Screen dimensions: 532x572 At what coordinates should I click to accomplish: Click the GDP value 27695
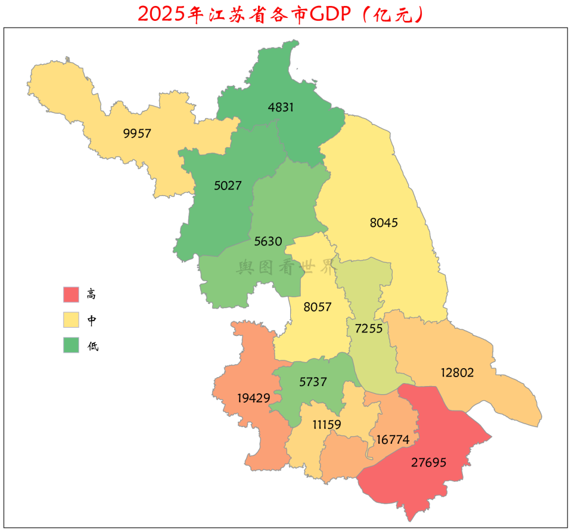tap(428, 462)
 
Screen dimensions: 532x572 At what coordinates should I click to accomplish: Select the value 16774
tap(393, 440)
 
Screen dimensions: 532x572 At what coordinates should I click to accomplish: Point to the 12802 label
tap(457, 373)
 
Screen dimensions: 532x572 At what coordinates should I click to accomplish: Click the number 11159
tap(327, 425)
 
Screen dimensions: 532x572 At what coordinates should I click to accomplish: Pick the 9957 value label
tap(137, 133)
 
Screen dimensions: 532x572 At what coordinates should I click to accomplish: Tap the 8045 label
tap(384, 223)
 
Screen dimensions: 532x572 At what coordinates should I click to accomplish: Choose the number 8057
tap(318, 307)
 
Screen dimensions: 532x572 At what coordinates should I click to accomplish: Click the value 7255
tap(368, 328)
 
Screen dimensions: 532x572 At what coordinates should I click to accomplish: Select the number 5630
tap(268, 241)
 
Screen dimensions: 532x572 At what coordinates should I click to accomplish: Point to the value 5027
tap(228, 185)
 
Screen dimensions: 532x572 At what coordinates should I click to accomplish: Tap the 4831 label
tap(281, 107)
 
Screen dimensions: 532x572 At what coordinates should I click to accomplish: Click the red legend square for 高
tap(71, 294)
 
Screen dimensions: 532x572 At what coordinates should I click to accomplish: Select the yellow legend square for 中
tap(71, 320)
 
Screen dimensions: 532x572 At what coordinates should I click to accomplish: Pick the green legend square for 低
tap(71, 345)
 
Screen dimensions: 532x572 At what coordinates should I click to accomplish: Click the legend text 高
tap(91, 294)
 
